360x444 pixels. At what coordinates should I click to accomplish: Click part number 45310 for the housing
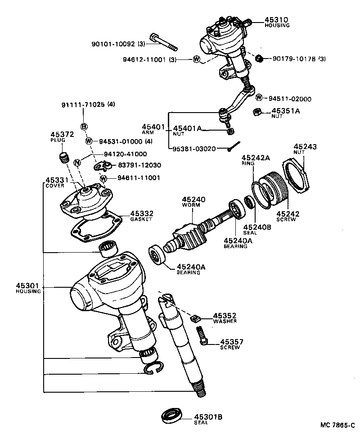tap(276, 20)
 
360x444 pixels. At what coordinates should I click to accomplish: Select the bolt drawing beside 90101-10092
tap(165, 42)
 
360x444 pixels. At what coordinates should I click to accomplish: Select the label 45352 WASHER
tap(225, 317)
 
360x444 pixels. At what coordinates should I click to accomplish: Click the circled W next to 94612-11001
tap(197, 59)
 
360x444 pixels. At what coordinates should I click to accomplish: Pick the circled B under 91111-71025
tap(84, 127)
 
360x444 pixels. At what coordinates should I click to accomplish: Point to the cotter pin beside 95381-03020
tap(234, 145)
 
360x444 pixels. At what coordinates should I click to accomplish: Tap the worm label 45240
tap(193, 199)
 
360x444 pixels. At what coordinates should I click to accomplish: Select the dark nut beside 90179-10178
tap(259, 59)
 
